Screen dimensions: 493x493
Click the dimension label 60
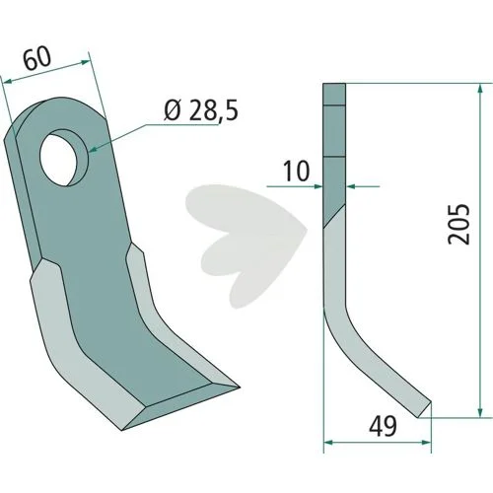click(x=38, y=59)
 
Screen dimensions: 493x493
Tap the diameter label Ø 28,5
click(x=201, y=109)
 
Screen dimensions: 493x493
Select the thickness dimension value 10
click(x=297, y=172)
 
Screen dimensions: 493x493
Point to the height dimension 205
click(x=458, y=224)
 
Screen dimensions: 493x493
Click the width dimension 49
click(x=383, y=426)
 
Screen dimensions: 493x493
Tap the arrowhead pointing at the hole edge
click(x=94, y=150)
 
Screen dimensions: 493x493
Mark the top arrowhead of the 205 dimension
click(x=480, y=90)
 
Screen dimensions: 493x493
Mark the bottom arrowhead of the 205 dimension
click(x=480, y=412)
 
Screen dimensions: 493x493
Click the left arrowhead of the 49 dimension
click(x=329, y=443)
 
